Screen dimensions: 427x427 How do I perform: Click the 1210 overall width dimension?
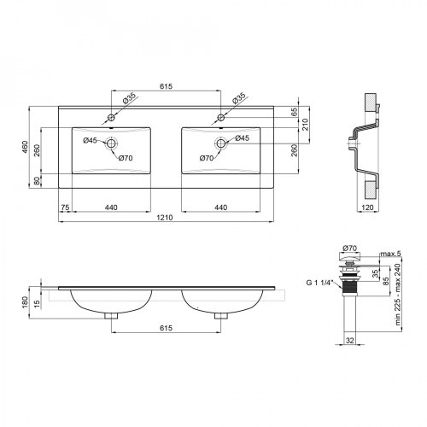(x=165, y=218)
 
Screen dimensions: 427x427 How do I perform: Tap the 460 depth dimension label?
(x=26, y=147)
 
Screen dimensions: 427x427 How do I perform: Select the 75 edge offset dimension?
(x=65, y=208)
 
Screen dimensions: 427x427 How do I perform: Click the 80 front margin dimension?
(x=37, y=181)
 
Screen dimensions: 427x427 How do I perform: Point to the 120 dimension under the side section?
(x=367, y=208)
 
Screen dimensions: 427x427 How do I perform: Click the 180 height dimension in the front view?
(x=25, y=302)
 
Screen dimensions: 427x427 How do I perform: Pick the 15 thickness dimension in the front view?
(x=37, y=302)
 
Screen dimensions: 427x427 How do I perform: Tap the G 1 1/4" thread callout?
(x=319, y=283)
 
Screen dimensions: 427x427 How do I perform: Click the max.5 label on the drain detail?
(x=390, y=254)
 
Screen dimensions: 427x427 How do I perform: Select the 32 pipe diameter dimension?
(x=350, y=340)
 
